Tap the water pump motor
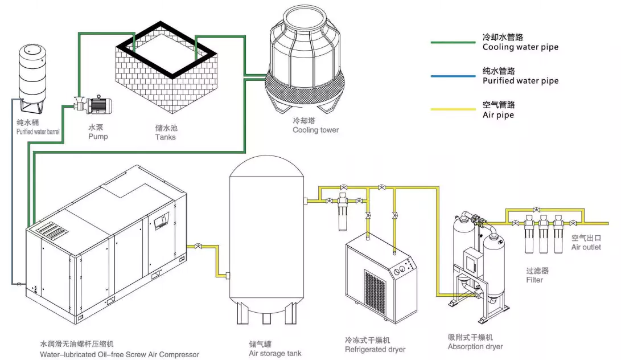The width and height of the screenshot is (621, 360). click(102, 104)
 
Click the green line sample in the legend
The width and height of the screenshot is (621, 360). click(451, 43)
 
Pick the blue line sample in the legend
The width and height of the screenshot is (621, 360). click(451, 76)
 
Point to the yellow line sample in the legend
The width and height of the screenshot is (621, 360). click(451, 110)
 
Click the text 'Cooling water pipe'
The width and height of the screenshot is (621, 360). click(520, 47)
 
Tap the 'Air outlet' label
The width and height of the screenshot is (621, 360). click(586, 247)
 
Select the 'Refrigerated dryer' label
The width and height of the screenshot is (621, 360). click(375, 349)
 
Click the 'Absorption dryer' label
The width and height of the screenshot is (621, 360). click(475, 346)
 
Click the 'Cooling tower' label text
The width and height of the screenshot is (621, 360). click(315, 130)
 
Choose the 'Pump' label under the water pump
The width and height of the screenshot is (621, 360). click(97, 137)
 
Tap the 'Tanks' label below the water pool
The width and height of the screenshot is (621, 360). click(165, 137)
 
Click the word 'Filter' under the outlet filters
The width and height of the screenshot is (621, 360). click(534, 280)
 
